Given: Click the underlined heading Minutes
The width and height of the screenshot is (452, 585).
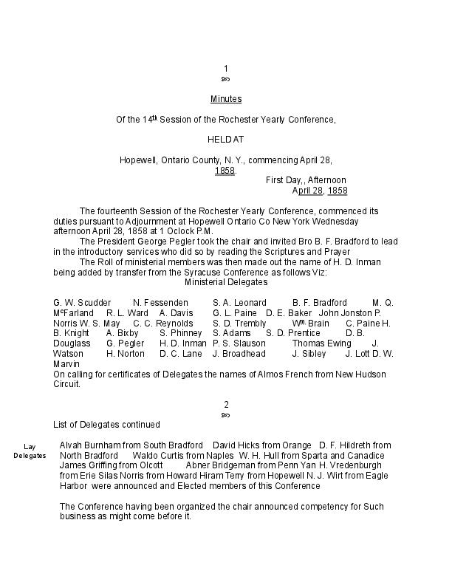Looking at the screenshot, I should click(x=226, y=99).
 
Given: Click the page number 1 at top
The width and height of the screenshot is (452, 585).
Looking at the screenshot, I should click(x=226, y=69).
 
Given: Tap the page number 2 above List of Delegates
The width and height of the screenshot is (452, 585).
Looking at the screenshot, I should click(x=226, y=405).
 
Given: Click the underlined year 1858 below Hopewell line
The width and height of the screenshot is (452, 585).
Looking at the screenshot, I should click(x=225, y=171).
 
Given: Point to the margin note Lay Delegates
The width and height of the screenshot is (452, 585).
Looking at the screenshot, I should click(x=30, y=451).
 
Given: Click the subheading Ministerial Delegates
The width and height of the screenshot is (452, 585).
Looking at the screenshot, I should click(x=226, y=282).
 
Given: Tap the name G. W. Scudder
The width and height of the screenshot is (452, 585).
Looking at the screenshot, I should click(x=82, y=303).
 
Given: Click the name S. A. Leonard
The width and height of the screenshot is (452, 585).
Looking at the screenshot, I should click(x=239, y=303).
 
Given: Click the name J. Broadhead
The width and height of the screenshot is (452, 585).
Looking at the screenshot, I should click(x=239, y=354).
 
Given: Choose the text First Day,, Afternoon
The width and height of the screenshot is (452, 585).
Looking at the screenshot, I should click(x=306, y=180).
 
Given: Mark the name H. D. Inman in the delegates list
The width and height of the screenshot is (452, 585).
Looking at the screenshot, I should click(x=183, y=343).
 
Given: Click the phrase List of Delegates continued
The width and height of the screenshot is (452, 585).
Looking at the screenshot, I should click(x=106, y=425).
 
